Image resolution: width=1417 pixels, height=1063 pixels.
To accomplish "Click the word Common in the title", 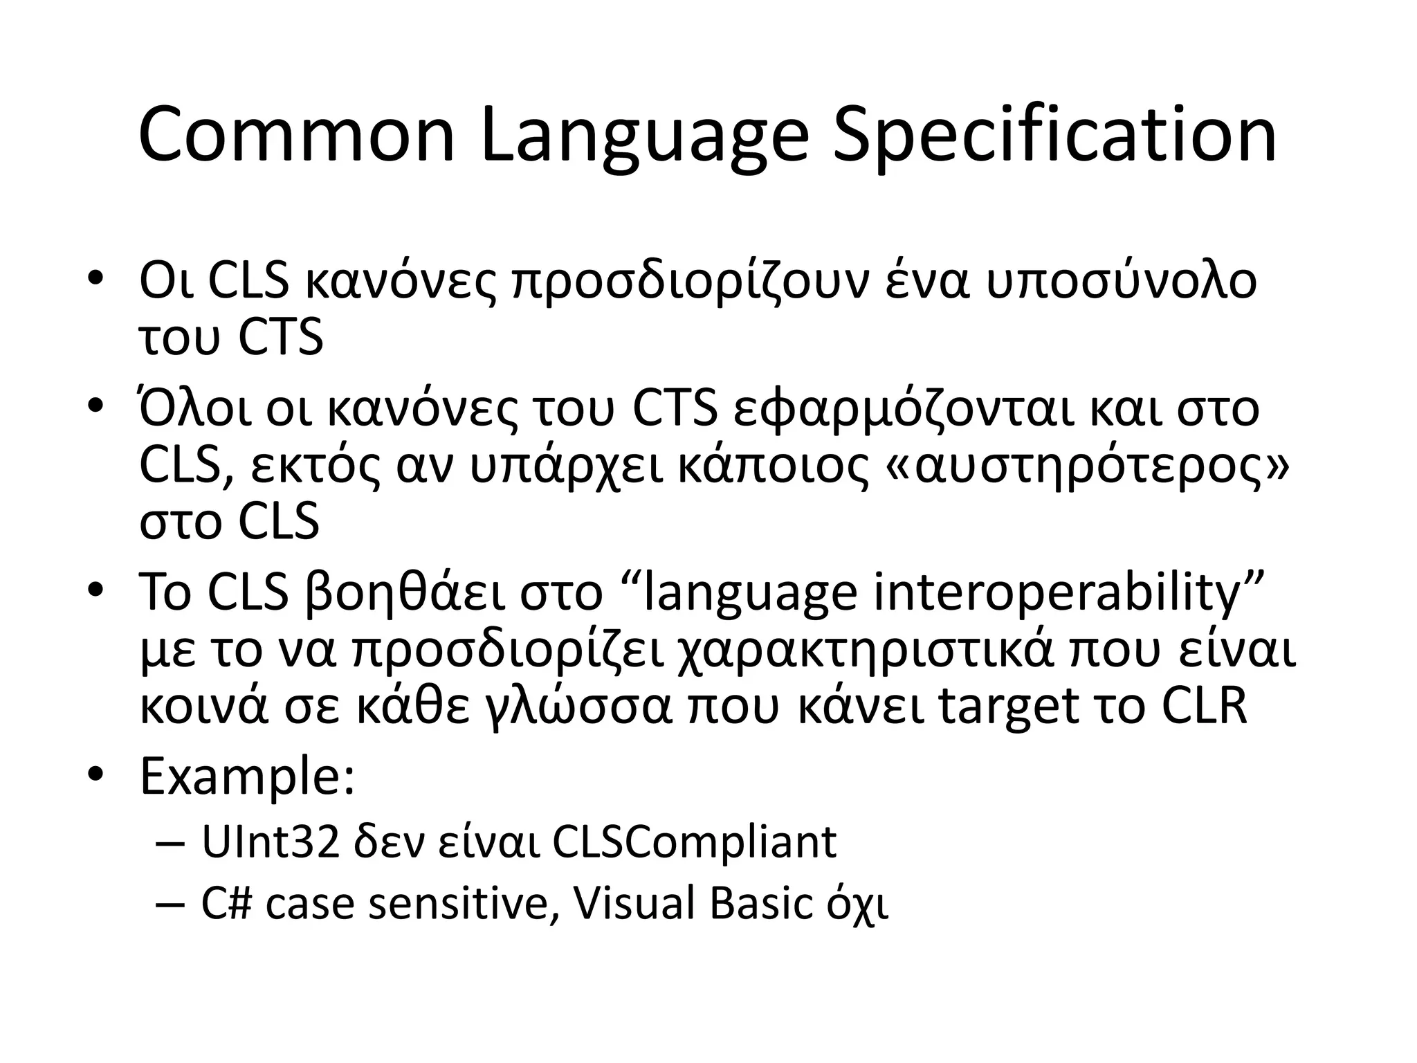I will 296,134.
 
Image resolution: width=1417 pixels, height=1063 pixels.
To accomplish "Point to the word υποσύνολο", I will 1121,283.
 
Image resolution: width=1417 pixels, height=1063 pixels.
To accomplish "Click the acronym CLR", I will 1205,707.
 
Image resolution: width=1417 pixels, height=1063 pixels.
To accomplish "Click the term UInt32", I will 271,842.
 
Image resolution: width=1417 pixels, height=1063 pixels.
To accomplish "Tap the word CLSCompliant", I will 695,843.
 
